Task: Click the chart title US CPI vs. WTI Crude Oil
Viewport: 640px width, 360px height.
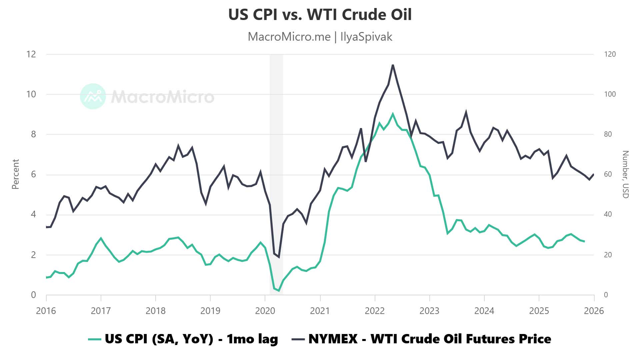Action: coord(320,15)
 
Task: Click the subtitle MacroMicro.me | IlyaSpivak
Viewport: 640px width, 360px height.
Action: coord(320,37)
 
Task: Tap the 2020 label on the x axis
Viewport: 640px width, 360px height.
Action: coord(265,311)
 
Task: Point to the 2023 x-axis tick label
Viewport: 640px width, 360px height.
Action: coord(429,311)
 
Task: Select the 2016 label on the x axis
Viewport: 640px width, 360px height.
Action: coord(46,311)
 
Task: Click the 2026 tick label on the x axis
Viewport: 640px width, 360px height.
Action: coord(594,311)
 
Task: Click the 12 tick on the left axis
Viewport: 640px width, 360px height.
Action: coord(31,54)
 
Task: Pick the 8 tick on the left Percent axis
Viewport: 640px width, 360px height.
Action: coord(33,134)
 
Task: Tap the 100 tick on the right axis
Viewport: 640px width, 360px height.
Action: coord(610,94)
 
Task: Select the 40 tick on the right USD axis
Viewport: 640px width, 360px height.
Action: coord(608,214)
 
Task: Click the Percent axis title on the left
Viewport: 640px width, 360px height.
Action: coord(15,174)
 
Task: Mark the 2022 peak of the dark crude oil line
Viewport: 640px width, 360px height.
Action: coord(393,65)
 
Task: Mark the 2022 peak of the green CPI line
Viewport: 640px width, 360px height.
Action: coord(393,114)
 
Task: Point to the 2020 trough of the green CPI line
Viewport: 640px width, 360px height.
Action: coord(279,291)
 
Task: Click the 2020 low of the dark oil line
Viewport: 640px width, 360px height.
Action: coord(279,257)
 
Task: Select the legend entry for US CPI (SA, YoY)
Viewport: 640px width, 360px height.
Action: coord(183,339)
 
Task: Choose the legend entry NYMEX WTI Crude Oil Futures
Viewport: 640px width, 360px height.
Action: coord(422,339)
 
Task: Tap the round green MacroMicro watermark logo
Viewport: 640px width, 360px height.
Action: coord(93,96)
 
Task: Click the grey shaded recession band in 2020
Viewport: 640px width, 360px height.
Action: coord(276,150)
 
